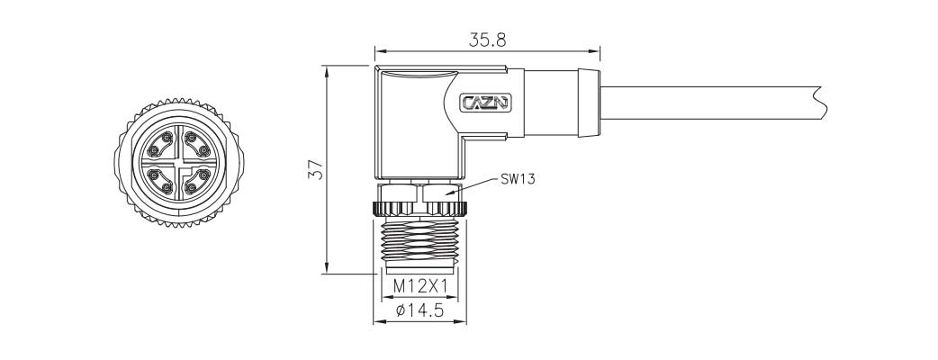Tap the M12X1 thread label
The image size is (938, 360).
coord(420,288)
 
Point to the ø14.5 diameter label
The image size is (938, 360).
coord(419,312)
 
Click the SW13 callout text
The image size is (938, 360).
coord(518,179)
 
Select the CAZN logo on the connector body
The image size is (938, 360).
coord(485,103)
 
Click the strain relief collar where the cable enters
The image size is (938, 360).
coord(586,103)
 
